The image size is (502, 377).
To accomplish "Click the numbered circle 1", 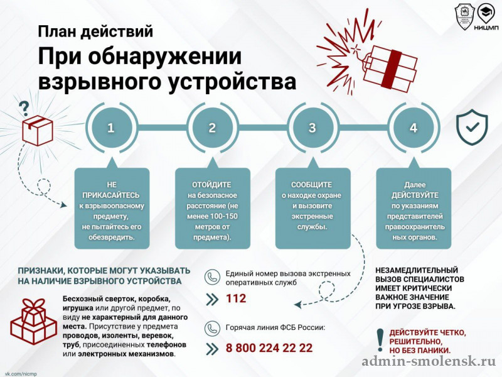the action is (110, 128).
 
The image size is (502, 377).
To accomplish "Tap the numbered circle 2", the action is (212, 128).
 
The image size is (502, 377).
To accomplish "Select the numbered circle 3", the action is (312, 128).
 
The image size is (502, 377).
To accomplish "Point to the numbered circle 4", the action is (414, 128).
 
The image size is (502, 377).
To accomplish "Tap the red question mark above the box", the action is (24, 109).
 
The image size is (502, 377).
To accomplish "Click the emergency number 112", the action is (236, 298).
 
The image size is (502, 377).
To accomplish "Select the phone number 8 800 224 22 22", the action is (269, 348).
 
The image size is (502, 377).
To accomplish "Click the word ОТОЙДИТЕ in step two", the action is (211, 185).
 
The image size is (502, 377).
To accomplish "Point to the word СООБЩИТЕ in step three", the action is (311, 185).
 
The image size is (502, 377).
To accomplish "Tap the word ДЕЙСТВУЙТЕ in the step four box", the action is (415, 195).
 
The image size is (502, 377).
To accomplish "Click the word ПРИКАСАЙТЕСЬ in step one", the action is (111, 195).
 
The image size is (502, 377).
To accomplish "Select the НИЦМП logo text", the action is (486, 28).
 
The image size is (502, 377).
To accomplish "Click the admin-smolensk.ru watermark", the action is (429, 361).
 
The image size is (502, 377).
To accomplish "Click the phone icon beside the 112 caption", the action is (212, 277).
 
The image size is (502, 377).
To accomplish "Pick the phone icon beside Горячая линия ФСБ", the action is (212, 328).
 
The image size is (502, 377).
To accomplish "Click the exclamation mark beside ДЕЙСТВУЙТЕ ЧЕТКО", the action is (380, 340).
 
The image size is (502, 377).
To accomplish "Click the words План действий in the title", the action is (95, 31).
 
